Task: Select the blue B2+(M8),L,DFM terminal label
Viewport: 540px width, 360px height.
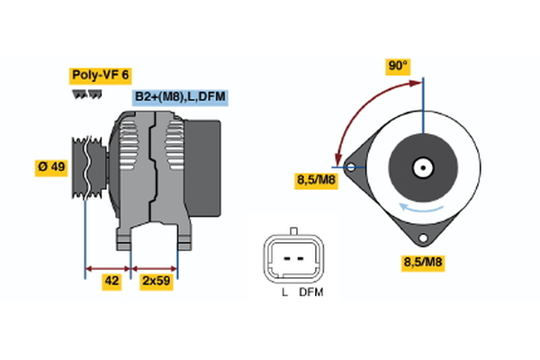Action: click(179, 96)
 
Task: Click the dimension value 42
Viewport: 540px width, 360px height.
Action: click(112, 282)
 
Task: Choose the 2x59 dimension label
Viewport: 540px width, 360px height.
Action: click(157, 282)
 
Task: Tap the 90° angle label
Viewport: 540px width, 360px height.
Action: click(398, 66)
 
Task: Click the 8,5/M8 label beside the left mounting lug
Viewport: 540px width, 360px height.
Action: click(316, 181)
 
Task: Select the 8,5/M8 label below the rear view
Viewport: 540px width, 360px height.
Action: click(422, 263)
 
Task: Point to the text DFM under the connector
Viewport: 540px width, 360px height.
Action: click(311, 293)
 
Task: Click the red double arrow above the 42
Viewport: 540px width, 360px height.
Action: click(108, 267)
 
